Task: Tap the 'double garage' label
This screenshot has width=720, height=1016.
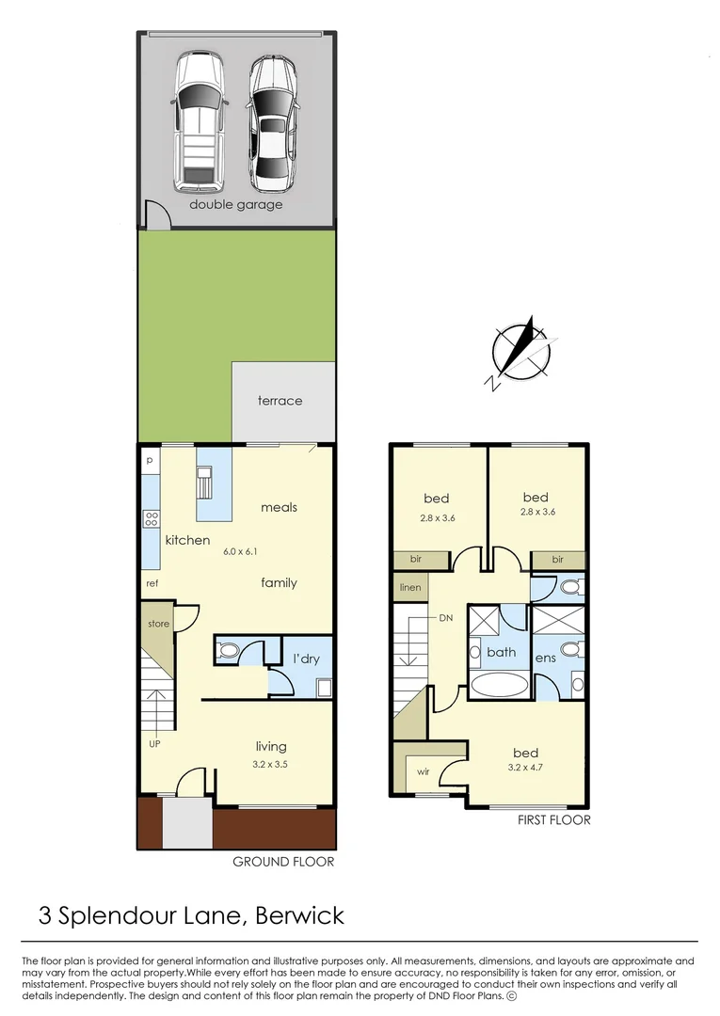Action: point(235,204)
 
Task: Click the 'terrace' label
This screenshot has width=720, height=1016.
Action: point(280,401)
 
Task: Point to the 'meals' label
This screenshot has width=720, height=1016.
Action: point(279,507)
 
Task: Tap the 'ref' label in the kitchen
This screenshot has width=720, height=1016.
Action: point(152,583)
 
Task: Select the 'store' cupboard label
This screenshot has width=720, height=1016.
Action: point(158,624)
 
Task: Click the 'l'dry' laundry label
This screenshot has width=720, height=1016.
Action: point(306,659)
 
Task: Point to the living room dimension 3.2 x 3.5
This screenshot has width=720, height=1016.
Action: point(271,765)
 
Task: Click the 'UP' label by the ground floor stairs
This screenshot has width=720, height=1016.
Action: point(154,743)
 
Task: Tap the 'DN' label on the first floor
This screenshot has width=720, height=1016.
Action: point(446,618)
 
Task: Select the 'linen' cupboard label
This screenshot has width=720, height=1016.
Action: point(410,588)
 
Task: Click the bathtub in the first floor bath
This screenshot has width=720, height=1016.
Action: point(499,685)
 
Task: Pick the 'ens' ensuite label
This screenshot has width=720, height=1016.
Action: point(546,658)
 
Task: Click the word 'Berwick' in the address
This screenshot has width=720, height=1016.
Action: point(299,915)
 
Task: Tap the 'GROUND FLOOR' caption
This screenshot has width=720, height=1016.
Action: point(282,862)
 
